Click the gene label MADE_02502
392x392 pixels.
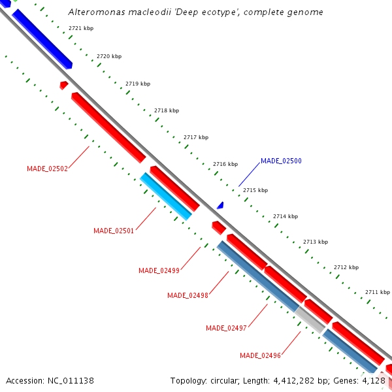click(x=47, y=169)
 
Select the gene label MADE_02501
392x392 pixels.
click(x=114, y=231)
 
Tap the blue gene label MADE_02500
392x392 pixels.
click(x=281, y=161)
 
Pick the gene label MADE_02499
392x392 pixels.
click(x=159, y=270)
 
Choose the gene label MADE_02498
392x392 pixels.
click(x=188, y=295)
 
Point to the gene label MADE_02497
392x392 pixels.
click(x=226, y=328)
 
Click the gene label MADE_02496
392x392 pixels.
click(x=260, y=355)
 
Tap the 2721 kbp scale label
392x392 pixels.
click(x=81, y=29)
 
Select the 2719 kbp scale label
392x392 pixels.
click(x=138, y=84)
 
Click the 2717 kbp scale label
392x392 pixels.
click(x=196, y=137)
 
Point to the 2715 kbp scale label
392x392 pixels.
click(x=255, y=190)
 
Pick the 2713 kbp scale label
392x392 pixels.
click(x=315, y=242)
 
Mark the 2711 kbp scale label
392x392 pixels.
click(x=378, y=292)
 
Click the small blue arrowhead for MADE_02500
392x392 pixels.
click(x=221, y=205)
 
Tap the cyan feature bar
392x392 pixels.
click(x=166, y=196)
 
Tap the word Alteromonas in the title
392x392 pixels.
click(x=93, y=12)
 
